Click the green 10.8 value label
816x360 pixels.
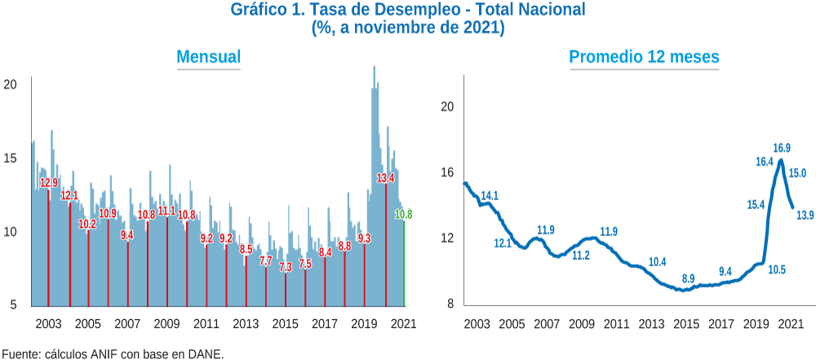(x=404, y=214)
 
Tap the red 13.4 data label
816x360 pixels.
(x=385, y=178)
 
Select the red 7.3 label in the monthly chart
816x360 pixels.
(x=286, y=267)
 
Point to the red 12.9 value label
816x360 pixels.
(x=49, y=183)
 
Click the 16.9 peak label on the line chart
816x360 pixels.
(x=782, y=149)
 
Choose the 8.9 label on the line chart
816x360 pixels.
(x=688, y=278)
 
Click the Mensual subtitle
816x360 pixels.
(x=209, y=57)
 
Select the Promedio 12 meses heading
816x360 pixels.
(x=644, y=57)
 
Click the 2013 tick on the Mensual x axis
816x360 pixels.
(x=245, y=323)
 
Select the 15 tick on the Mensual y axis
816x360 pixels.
(x=11, y=158)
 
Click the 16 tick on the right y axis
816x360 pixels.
(x=448, y=172)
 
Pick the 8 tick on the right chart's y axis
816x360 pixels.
(x=450, y=304)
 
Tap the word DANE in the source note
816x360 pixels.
(x=209, y=355)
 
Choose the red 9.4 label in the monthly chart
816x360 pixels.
(x=127, y=235)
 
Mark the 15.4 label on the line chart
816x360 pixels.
(x=755, y=205)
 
